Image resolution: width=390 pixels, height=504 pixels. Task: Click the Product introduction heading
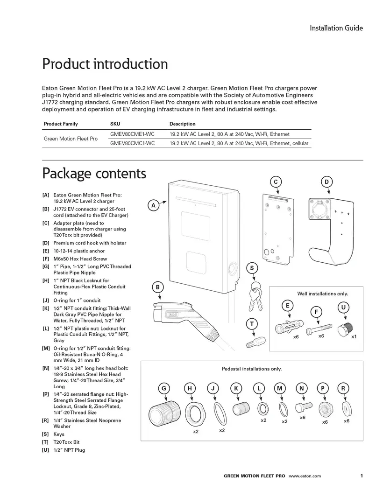105,64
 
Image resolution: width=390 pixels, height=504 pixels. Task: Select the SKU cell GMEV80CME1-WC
132,134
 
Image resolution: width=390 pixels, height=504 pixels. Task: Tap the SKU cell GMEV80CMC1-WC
132,143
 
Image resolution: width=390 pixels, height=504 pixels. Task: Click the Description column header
182,124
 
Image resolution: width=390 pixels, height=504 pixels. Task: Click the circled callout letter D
326,182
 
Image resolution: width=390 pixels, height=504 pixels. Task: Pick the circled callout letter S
252,268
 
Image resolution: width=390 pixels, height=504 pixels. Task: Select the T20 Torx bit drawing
253,343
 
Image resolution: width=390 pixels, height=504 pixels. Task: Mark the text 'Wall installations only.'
322,294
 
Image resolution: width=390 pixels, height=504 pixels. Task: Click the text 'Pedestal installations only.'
252,369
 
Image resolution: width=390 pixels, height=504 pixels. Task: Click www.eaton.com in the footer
305,476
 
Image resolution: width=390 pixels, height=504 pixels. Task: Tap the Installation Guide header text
336,28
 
